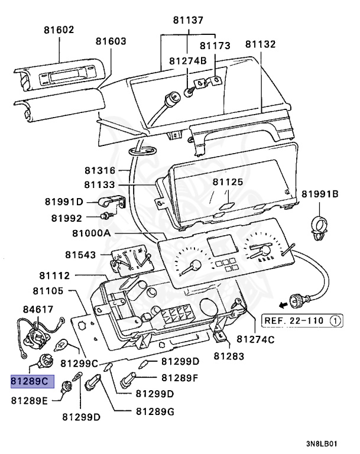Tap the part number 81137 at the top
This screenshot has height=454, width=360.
[188, 20]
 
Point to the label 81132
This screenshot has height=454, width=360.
[261, 44]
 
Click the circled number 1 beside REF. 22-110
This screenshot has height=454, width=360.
[335, 321]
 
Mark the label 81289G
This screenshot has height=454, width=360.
[154, 411]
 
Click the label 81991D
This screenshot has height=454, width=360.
[64, 202]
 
